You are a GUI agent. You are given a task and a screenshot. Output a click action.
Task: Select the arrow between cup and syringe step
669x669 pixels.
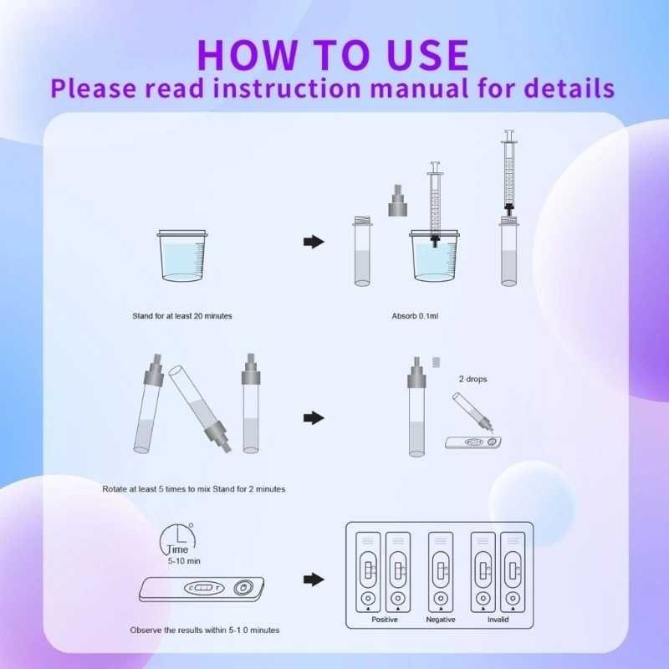313,242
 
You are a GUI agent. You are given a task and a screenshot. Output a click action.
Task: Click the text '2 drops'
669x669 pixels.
472,379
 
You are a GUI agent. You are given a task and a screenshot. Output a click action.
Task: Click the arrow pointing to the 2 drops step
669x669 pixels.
313,416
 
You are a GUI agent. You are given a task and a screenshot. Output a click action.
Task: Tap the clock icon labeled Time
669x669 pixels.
180,540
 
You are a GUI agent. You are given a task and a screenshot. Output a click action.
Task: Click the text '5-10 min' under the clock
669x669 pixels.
181,560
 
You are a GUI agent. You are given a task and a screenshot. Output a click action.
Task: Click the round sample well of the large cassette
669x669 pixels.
242,589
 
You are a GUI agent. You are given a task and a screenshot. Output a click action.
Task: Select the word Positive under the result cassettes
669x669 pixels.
384,620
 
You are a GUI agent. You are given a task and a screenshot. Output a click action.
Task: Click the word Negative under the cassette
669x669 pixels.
441,620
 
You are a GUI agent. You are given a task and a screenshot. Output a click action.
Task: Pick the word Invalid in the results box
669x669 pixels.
498,620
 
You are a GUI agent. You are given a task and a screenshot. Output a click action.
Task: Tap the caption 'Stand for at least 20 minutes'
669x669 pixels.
181,316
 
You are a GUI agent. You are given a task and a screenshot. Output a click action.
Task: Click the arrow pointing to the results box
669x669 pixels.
313,579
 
